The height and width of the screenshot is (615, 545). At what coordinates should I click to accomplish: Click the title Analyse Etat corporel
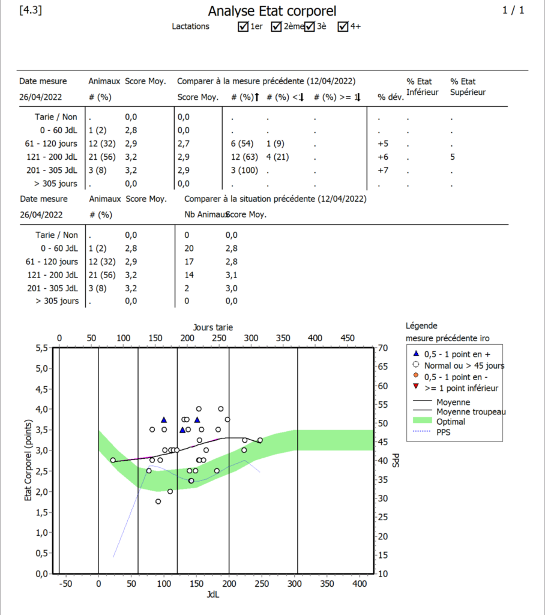(272, 11)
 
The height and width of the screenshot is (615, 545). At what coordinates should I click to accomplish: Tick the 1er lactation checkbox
(243, 26)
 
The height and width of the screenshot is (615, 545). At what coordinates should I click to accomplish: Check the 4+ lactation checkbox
(343, 26)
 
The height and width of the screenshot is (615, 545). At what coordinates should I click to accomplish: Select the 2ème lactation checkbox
(277, 26)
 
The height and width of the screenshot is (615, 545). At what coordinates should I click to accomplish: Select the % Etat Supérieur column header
(468, 86)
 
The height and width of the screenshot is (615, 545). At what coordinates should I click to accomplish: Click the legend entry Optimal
(450, 422)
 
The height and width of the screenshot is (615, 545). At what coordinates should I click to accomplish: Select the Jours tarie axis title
(213, 327)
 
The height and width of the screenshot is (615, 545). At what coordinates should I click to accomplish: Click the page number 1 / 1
(513, 10)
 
